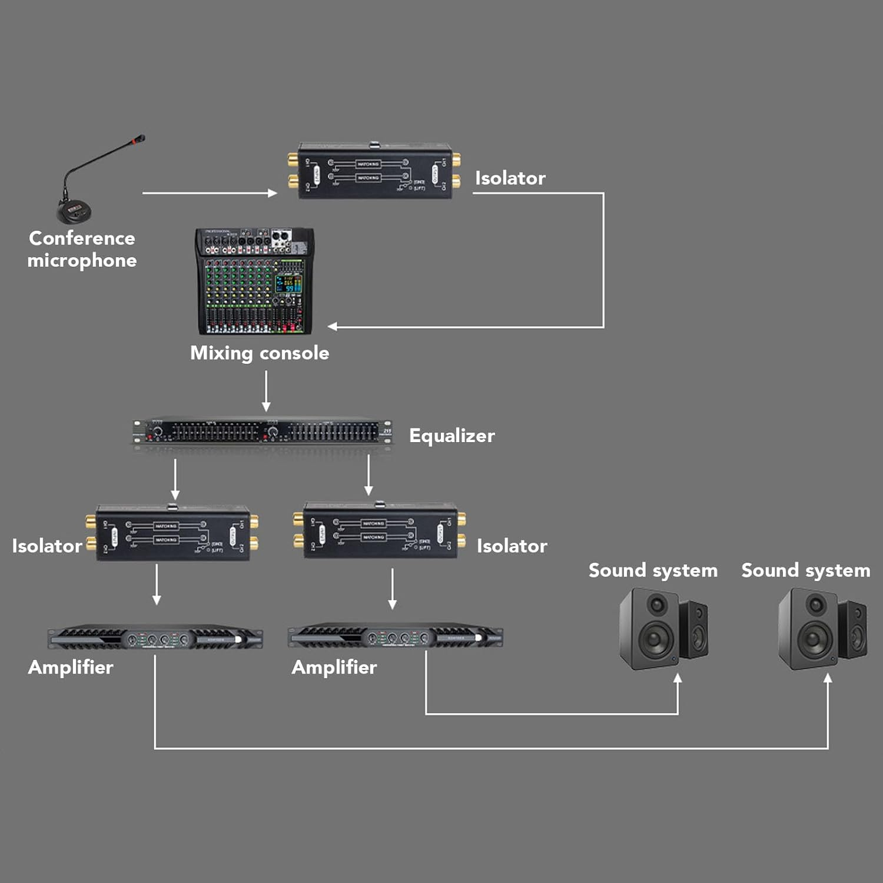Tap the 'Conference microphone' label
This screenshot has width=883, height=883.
tap(82, 249)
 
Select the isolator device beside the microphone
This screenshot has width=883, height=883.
tap(374, 171)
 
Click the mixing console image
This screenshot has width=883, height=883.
tap(254, 281)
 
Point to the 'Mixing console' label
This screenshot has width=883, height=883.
tap(260, 353)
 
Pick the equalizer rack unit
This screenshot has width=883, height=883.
tap(263, 432)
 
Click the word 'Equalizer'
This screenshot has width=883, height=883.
tap(452, 436)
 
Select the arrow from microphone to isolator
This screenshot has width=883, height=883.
tap(209, 192)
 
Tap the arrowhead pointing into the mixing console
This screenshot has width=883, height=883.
tap(333, 326)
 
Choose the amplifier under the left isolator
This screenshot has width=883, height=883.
tap(155, 637)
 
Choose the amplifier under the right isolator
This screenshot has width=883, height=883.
tap(395, 637)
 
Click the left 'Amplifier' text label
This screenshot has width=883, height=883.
tap(71, 667)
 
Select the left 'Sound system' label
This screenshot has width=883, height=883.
tap(653, 570)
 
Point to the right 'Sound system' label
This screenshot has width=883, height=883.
tap(805, 570)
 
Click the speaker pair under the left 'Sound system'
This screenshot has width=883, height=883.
tap(663, 629)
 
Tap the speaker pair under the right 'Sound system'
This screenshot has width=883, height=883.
tap(822, 629)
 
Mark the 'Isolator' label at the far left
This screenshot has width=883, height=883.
tap(47, 546)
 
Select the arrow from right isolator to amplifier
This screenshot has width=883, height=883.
tap(392, 588)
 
